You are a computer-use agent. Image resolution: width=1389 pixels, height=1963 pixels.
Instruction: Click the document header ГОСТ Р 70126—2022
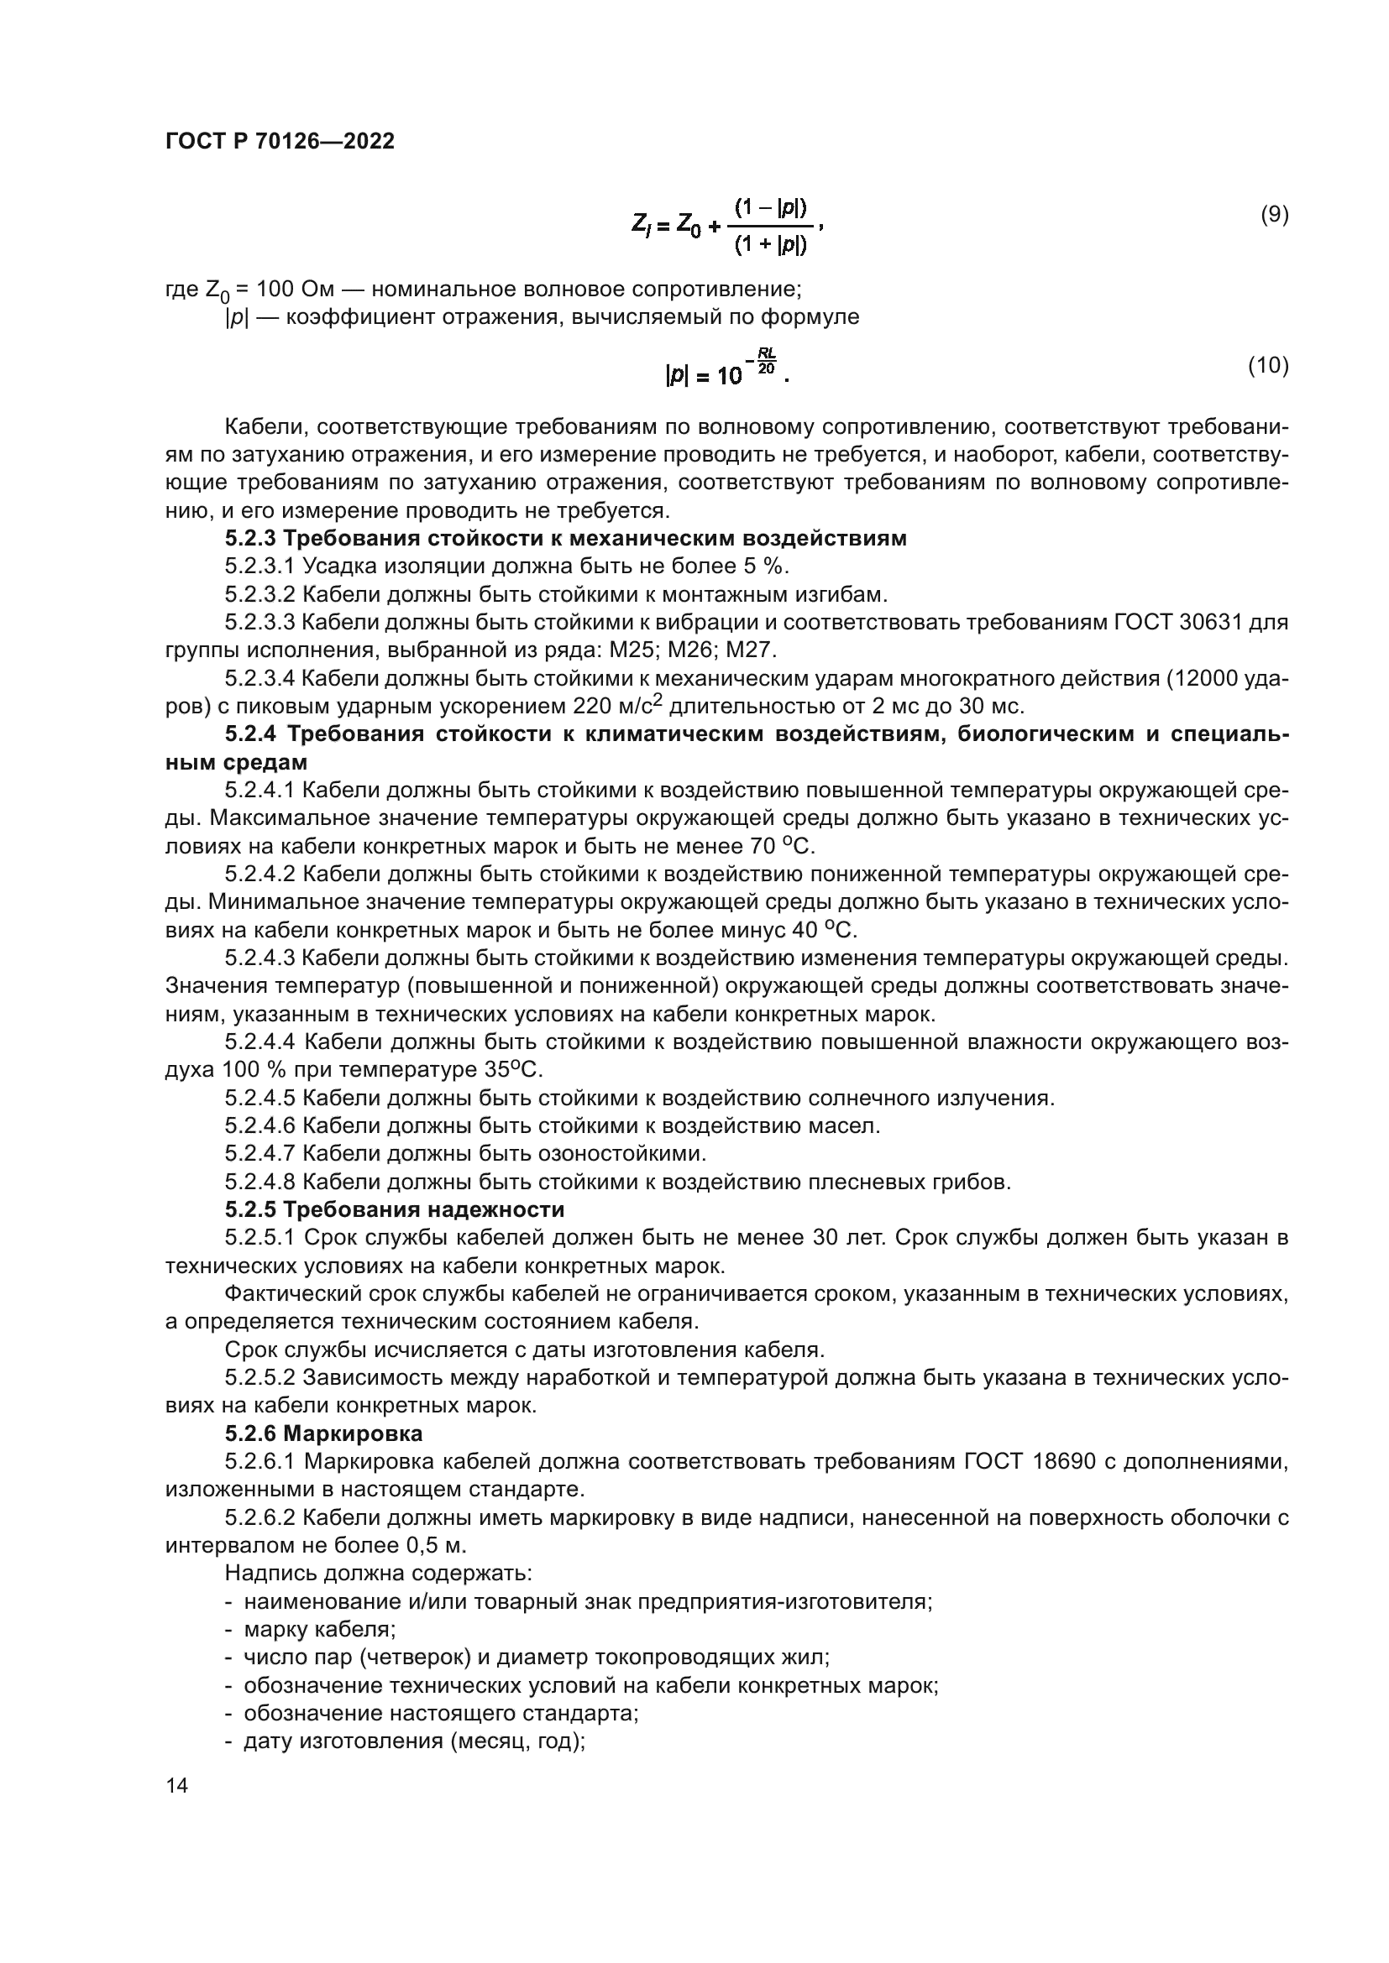pos(280,142)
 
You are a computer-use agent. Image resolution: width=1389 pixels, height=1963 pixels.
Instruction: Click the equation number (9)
pos(1275,215)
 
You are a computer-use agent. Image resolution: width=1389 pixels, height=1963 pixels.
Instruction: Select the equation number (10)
pos(1267,366)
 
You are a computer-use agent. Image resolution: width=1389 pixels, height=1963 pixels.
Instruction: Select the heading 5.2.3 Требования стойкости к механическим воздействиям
pos(565,539)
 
